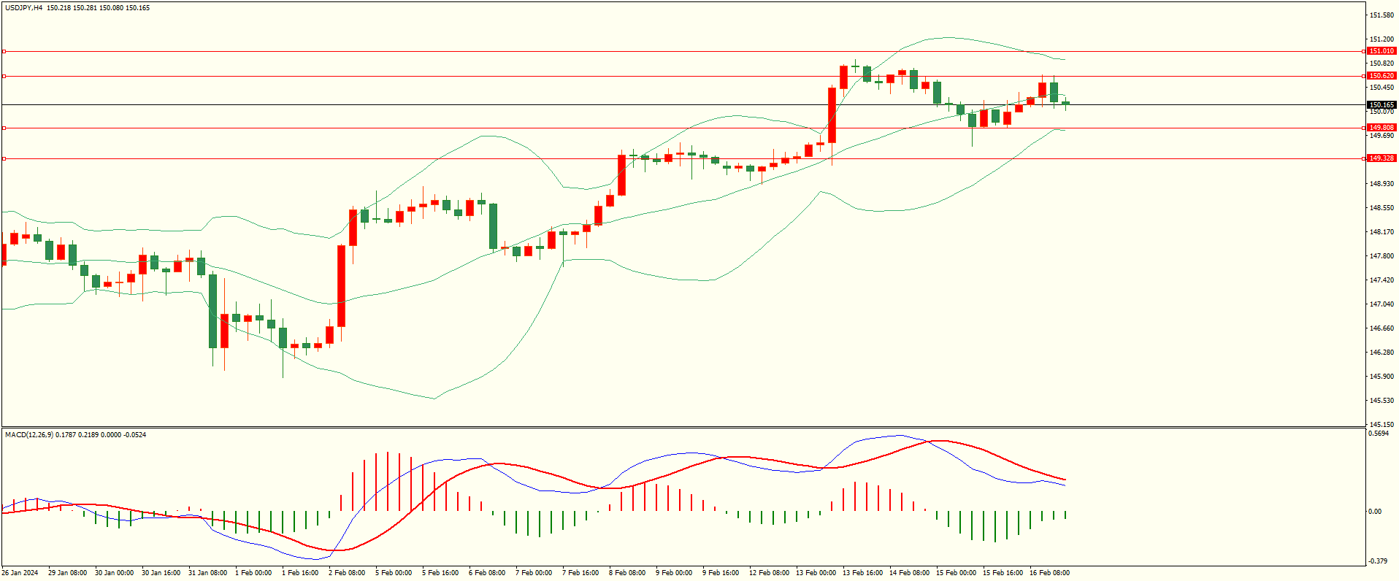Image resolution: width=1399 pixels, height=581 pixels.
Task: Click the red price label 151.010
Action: coord(1381,51)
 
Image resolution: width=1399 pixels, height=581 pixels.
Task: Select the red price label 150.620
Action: coord(1381,76)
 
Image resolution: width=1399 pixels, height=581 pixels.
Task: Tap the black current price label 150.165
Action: coord(1381,105)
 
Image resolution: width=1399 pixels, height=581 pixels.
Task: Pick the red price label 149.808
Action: coord(1381,128)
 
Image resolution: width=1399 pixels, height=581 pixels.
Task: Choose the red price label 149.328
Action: coord(1381,158)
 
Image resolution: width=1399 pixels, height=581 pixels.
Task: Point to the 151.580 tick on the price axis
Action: coord(1381,15)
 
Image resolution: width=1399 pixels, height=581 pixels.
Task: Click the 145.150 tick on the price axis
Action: coord(1381,424)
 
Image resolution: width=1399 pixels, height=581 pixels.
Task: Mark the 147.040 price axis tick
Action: coord(1381,304)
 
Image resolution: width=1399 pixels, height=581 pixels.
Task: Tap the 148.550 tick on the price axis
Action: coord(1381,208)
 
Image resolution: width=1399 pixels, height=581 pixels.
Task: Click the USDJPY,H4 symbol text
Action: coord(23,8)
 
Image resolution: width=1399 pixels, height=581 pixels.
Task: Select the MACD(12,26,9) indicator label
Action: coord(28,435)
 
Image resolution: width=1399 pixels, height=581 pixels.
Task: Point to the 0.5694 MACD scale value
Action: coord(1379,434)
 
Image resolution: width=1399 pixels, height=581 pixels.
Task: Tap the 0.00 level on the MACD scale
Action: coord(1374,512)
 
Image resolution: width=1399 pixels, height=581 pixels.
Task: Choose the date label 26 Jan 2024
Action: coord(20,573)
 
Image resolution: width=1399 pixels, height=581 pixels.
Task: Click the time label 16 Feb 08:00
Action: coord(1049,573)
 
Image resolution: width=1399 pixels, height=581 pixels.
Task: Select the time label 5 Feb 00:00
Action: coord(394,573)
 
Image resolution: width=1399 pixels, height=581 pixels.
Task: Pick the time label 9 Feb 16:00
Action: coord(721,573)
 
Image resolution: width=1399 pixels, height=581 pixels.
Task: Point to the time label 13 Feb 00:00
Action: coord(816,573)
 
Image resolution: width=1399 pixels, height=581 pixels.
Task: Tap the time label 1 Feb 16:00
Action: coord(300,573)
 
